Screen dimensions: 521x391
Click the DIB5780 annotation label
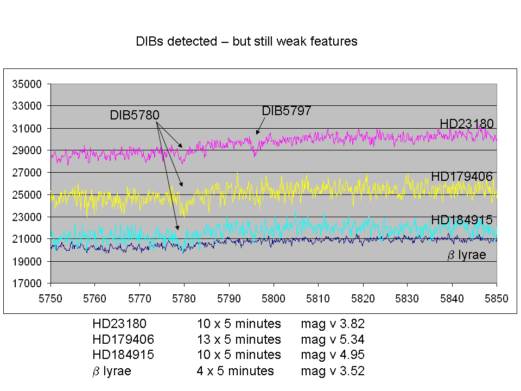click(135, 115)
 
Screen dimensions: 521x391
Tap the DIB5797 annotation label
click(287, 111)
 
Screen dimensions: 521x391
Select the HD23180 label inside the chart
click(467, 124)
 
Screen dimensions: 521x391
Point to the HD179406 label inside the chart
click(462, 176)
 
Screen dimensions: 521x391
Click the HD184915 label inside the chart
click(462, 220)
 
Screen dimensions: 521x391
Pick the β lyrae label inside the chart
click(467, 255)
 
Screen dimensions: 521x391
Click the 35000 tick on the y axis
click(27, 84)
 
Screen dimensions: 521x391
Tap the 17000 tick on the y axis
click(27, 283)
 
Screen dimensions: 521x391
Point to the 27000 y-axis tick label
click(27, 173)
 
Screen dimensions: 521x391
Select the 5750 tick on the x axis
click(50, 299)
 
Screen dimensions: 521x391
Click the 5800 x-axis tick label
click(274, 299)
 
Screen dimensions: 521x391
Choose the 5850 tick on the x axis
click(497, 299)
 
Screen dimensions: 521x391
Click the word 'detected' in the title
click(192, 41)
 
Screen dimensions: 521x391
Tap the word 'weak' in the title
click(292, 41)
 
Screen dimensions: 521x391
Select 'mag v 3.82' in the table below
click(333, 324)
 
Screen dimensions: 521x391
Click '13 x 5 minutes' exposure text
click(239, 339)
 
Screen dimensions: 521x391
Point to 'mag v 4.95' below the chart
click(333, 355)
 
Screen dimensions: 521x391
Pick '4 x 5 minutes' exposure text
click(235, 371)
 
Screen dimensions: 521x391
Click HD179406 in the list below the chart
click(123, 339)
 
